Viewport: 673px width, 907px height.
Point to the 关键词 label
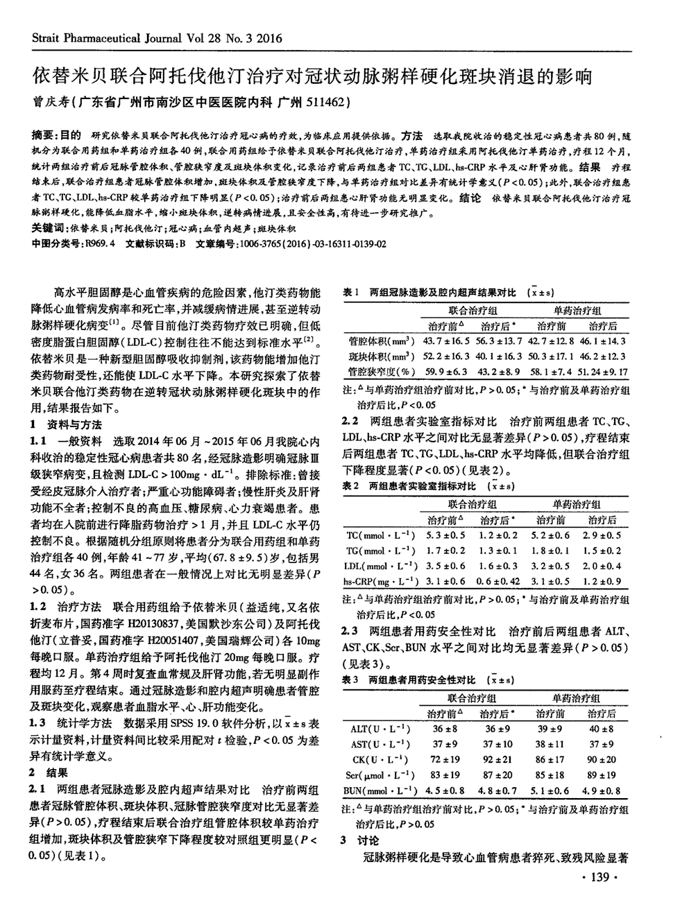(47, 228)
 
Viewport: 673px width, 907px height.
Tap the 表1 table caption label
(350, 293)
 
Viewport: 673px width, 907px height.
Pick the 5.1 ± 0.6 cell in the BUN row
(551, 791)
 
